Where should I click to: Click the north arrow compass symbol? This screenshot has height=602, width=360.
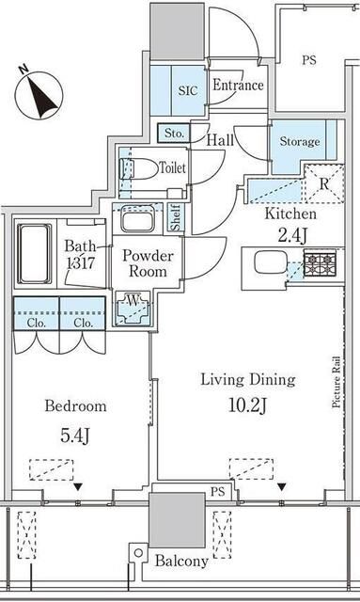39,94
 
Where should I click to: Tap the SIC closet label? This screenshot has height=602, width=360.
188,90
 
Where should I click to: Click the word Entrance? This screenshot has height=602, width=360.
238,85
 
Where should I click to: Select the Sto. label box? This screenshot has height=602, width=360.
174,134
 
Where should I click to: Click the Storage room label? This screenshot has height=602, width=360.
299,141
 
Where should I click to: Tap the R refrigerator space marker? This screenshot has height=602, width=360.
324,184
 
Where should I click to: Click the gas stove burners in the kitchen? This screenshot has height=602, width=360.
321,263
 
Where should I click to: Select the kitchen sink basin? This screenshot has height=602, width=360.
270,262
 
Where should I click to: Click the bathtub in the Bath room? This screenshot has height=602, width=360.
35,253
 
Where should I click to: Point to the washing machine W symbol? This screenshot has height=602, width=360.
133,309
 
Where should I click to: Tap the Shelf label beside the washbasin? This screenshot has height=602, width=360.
176,218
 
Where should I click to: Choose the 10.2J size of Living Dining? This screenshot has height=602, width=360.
247,405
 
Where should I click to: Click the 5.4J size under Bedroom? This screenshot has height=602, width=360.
75,435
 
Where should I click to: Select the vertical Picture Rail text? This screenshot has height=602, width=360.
337,383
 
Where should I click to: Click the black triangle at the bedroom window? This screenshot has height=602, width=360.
78,487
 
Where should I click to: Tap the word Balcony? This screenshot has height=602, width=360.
181,562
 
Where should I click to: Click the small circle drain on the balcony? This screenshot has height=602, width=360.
138,553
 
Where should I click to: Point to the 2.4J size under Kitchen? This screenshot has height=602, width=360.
292,235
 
